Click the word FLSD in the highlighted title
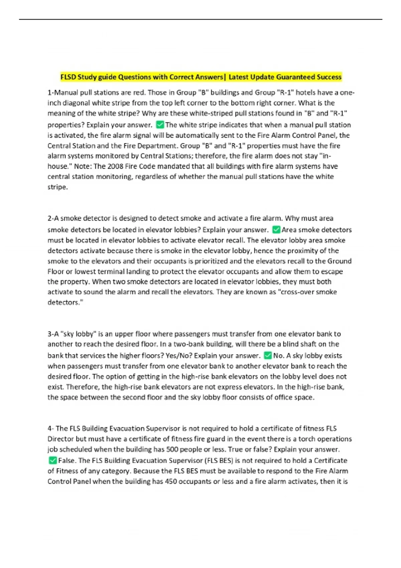(x=68, y=77)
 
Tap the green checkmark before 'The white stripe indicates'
(x=160, y=125)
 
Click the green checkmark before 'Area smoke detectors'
(x=276, y=230)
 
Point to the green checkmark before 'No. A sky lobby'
(x=268, y=356)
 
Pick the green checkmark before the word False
(x=52, y=460)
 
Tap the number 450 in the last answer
(x=171, y=481)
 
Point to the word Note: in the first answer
(x=83, y=166)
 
